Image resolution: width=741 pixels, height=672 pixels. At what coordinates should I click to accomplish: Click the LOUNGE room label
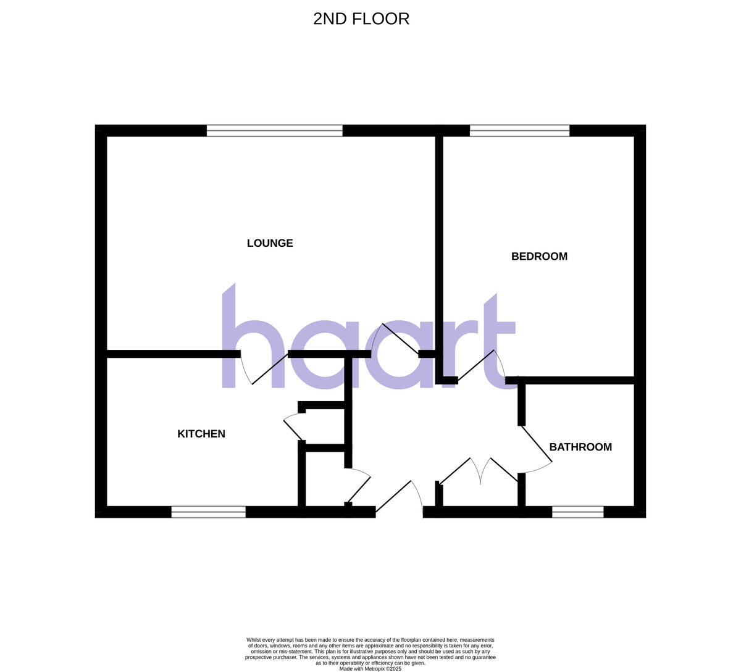pos(270,243)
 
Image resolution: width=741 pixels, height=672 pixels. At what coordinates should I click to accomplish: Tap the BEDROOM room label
pos(539,257)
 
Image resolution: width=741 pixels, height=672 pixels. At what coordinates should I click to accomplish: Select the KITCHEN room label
pos(201,434)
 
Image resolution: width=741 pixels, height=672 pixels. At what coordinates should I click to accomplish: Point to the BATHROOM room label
pos(580,447)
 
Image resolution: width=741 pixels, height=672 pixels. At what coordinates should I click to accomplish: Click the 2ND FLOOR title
pos(361,19)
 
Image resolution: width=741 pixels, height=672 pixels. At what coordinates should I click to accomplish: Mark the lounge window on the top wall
pos(274,131)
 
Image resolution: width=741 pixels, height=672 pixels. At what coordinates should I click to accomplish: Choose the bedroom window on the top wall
pos(519,131)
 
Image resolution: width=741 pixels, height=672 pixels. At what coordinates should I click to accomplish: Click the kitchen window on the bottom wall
pos(208,512)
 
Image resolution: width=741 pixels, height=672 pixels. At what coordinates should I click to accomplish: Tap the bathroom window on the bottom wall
pos(577,512)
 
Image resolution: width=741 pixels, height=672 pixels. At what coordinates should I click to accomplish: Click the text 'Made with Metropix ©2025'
pos(371,668)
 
